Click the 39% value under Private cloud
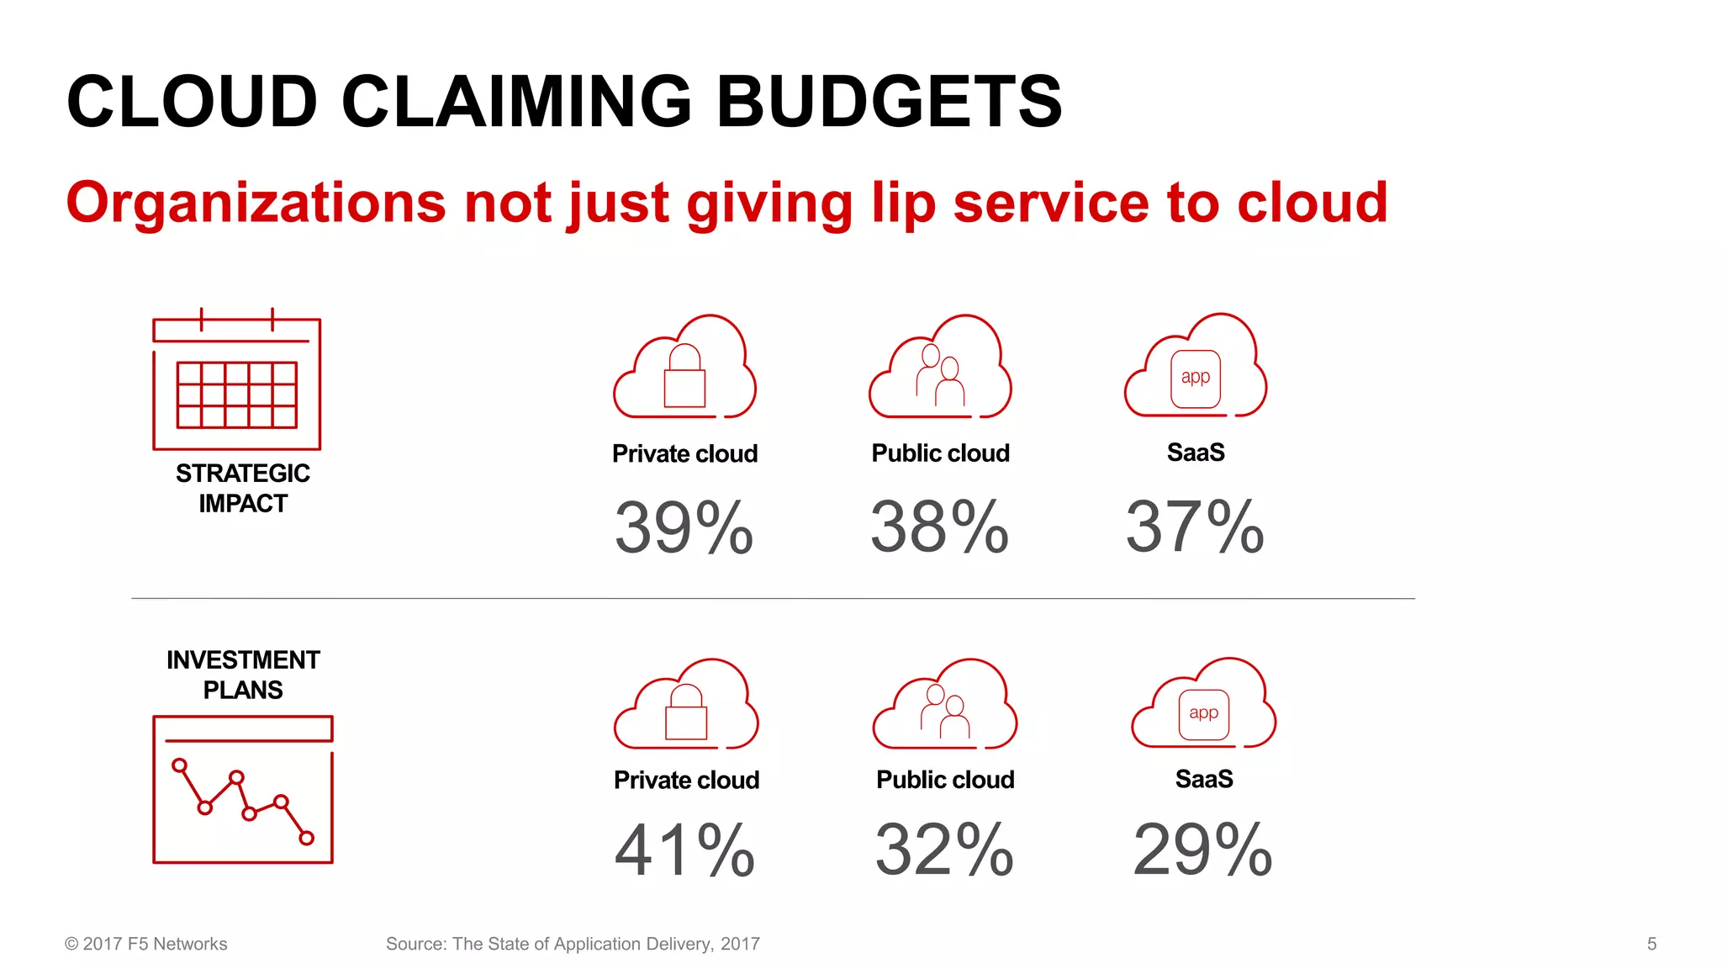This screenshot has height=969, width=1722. tap(684, 527)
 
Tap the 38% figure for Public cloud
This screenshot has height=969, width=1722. tap(939, 527)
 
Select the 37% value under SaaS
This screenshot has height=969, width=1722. tap(1195, 527)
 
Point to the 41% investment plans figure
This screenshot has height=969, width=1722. tap(684, 850)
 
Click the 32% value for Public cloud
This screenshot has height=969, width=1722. tap(944, 850)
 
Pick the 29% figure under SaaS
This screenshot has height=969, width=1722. tap(1202, 850)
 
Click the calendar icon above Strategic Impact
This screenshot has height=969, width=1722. tap(236, 381)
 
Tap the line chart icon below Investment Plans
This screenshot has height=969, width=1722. tap(243, 789)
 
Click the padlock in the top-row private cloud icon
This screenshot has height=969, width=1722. tap(684, 378)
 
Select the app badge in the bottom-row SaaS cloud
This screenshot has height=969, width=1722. tap(1203, 714)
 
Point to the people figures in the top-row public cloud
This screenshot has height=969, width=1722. tap(940, 376)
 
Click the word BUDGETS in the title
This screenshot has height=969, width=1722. tap(889, 102)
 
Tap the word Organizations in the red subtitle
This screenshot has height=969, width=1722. tap(256, 203)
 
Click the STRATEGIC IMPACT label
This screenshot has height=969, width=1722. tap(243, 488)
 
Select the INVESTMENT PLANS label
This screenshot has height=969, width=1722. tap(243, 675)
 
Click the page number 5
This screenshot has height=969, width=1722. tap(1651, 944)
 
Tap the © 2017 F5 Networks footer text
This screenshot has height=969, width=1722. tap(146, 944)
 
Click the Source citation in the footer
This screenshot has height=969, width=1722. tap(573, 944)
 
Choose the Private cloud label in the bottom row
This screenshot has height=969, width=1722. tap(686, 780)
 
